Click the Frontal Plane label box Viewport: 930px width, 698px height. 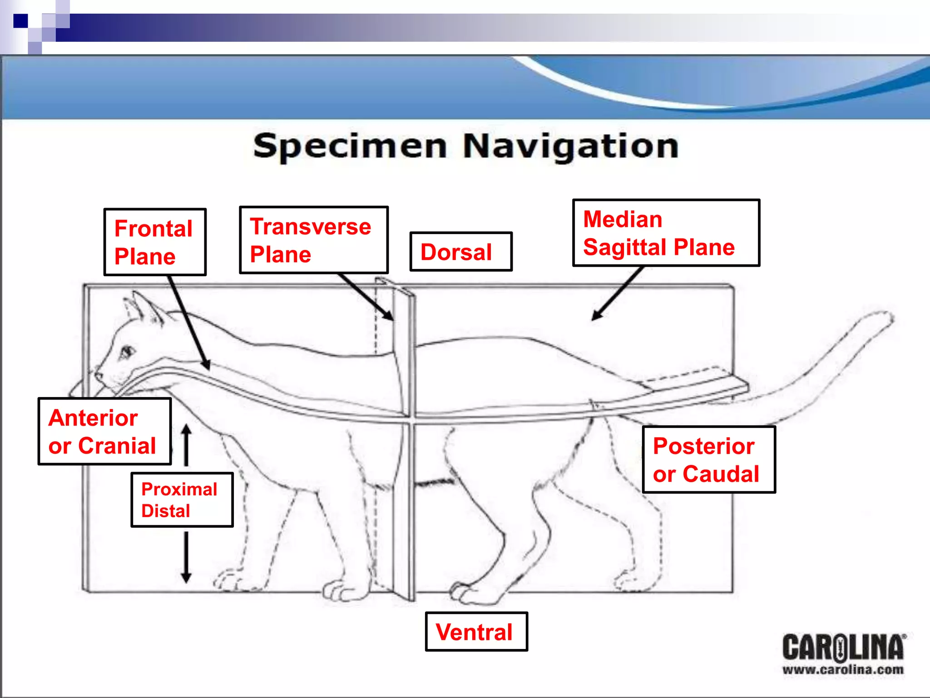(x=155, y=242)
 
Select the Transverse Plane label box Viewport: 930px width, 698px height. (x=313, y=240)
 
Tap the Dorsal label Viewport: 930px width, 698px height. (x=460, y=252)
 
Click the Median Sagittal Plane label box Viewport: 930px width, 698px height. (x=666, y=233)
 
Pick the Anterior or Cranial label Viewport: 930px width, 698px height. (x=104, y=431)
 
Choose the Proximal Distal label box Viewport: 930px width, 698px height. (x=182, y=499)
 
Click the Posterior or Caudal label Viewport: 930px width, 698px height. (x=708, y=459)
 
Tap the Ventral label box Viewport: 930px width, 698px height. (x=476, y=632)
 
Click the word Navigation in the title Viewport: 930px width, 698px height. (x=570, y=146)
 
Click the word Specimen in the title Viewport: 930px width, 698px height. (x=350, y=146)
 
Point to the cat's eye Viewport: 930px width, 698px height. (x=127, y=351)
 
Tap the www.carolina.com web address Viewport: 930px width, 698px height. (x=843, y=669)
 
